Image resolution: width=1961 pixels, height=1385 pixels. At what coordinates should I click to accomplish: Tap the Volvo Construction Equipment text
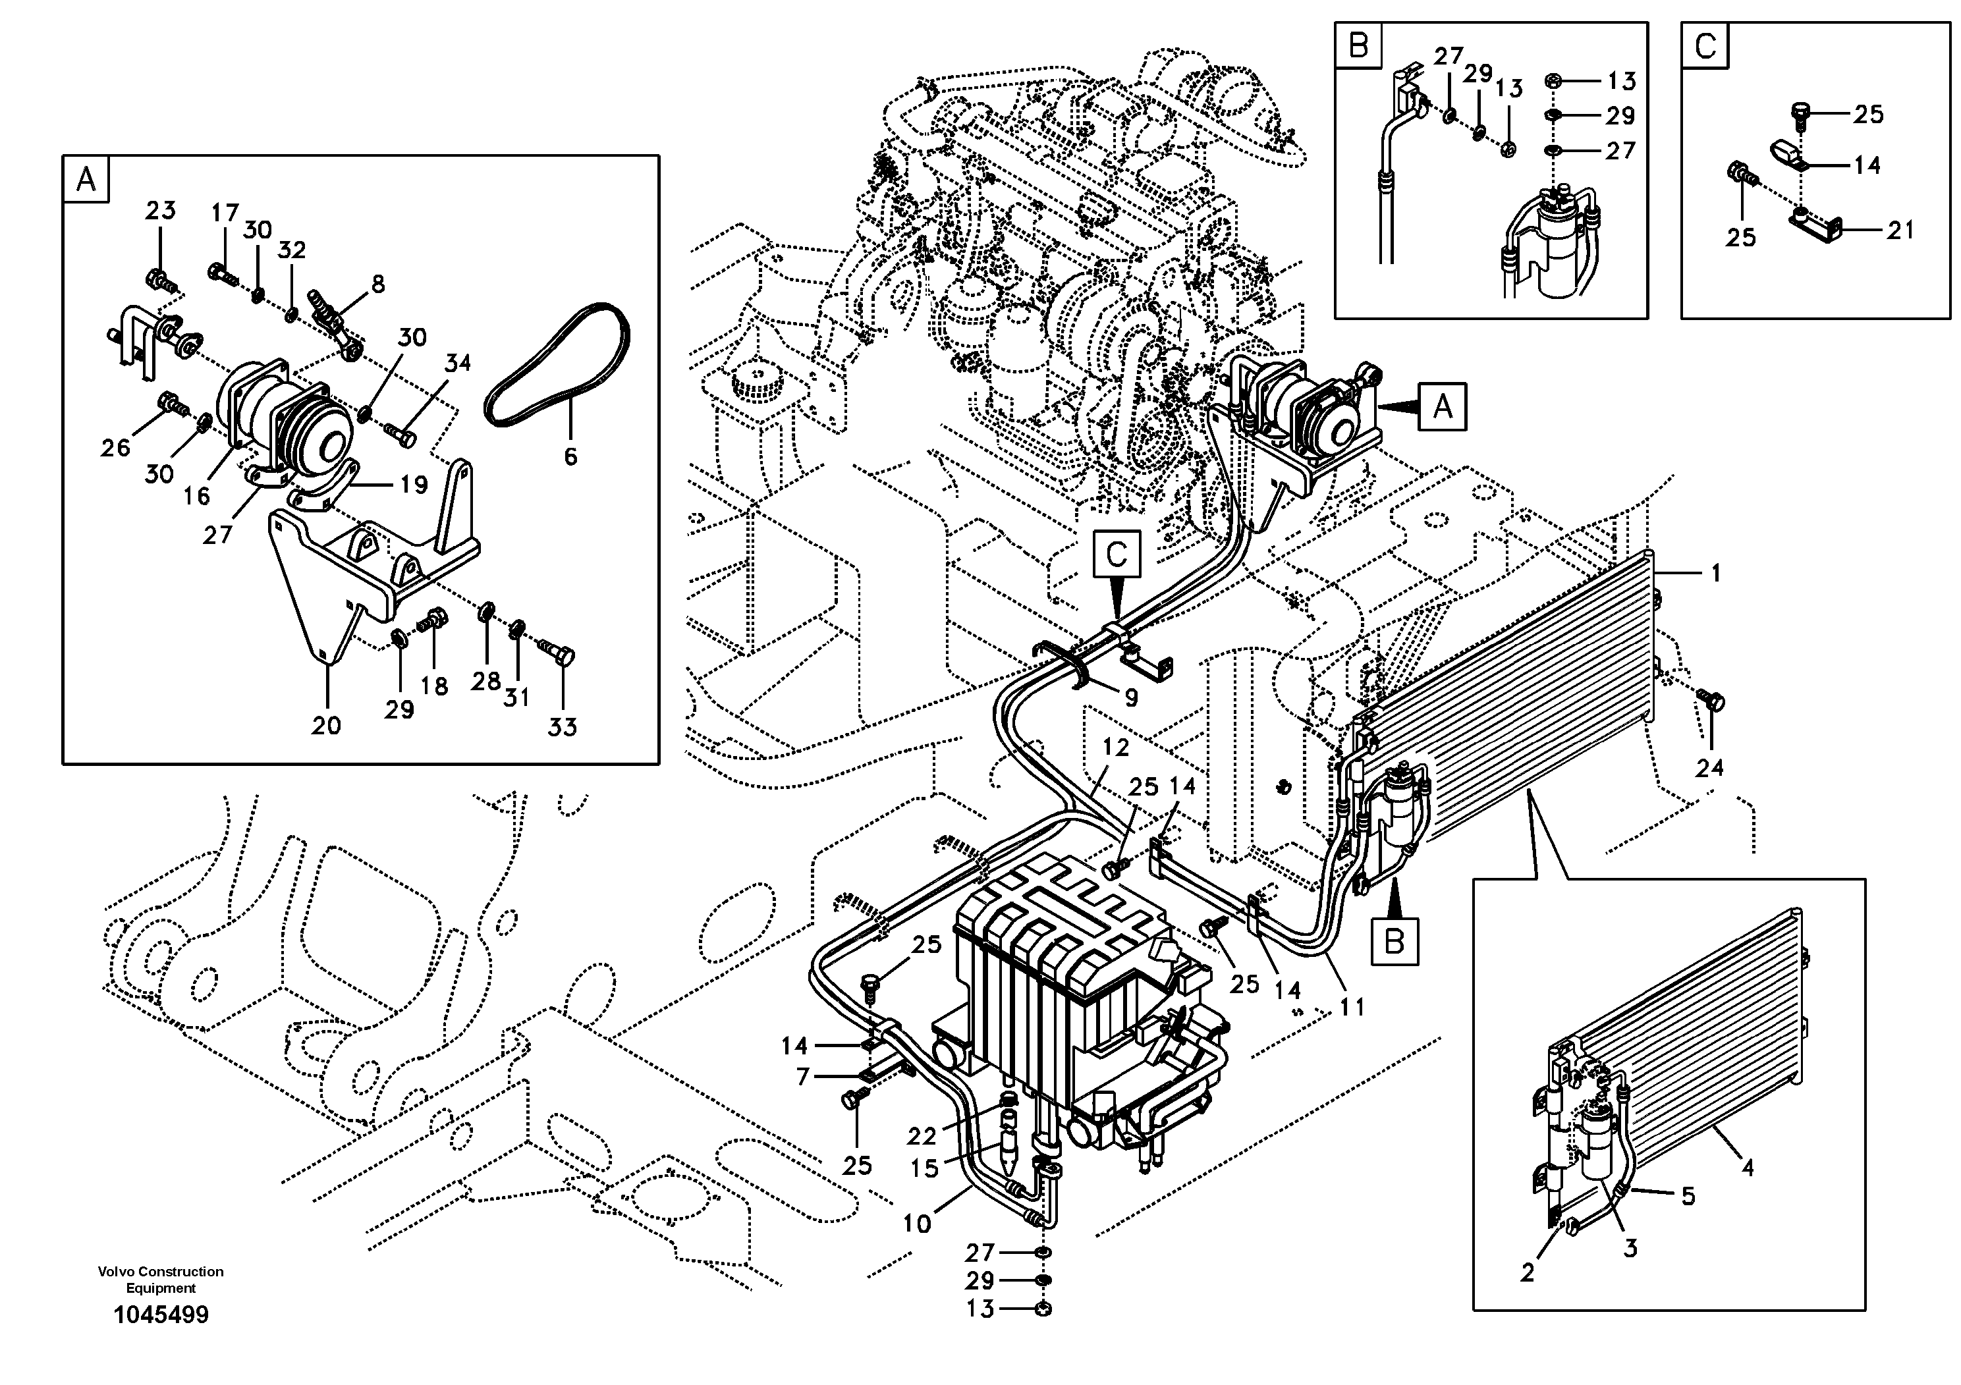pos(161,1279)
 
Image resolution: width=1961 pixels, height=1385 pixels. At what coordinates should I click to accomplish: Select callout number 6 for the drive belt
pos(570,456)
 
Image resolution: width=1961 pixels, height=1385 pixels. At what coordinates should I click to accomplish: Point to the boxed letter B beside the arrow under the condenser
pos(1395,942)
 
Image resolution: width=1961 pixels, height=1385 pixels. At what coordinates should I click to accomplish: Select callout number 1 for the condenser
pos(1716,573)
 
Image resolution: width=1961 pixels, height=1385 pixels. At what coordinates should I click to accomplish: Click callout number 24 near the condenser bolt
pos(1710,768)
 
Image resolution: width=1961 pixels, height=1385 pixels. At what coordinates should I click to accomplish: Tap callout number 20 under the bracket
pos(326,726)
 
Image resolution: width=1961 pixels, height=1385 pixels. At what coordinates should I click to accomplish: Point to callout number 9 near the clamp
pos(1131,697)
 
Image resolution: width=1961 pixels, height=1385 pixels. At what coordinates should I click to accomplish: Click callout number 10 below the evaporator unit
pos(916,1224)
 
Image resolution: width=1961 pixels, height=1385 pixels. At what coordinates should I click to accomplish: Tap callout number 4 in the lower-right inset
pos(1748,1167)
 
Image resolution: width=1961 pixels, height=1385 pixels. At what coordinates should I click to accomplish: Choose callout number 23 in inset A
pos(161,210)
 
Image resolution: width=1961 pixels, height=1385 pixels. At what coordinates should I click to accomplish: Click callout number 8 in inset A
pos(377,283)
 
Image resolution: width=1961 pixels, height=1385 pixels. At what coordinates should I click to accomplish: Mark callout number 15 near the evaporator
pos(924,1168)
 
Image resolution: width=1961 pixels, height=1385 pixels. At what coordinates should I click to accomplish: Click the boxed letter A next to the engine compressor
pos(1443,406)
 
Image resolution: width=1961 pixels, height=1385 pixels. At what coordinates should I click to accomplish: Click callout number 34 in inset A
pos(458,363)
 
